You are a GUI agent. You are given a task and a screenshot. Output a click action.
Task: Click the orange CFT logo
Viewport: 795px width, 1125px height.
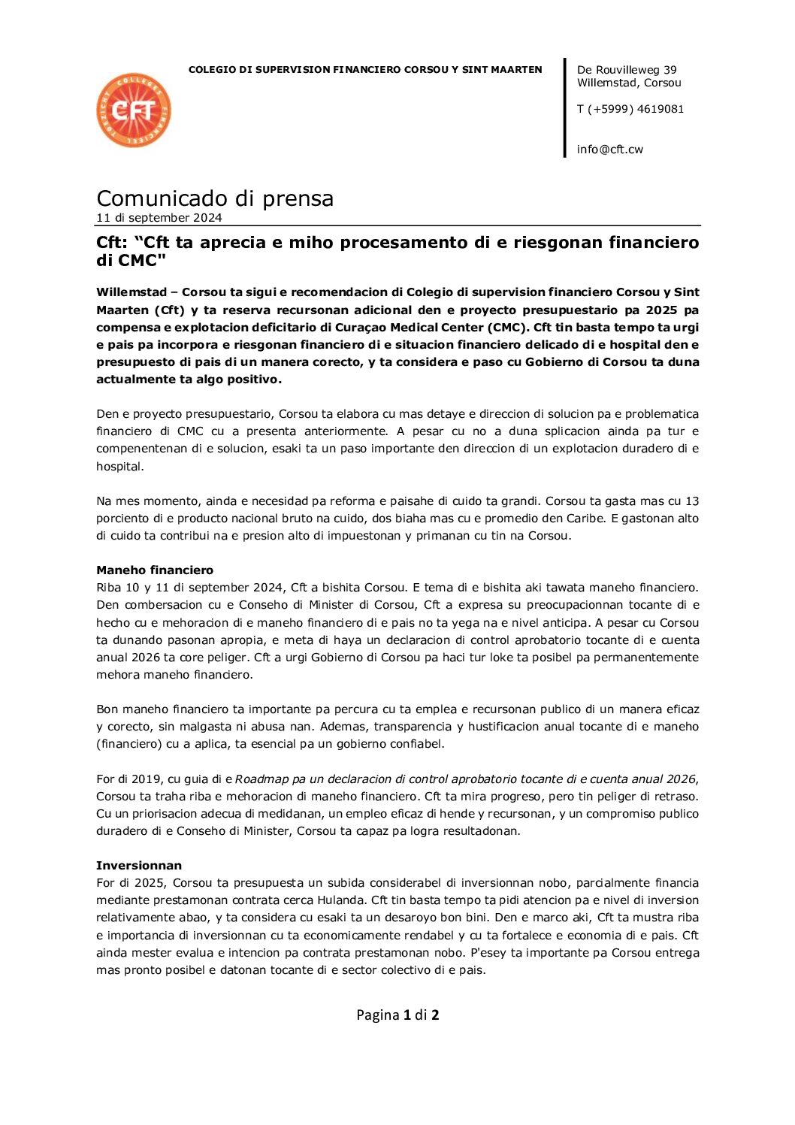134,110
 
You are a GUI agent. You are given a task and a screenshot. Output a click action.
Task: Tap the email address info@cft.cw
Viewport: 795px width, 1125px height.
609,149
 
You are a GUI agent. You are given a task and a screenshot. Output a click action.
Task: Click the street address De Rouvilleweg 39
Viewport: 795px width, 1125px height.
627,70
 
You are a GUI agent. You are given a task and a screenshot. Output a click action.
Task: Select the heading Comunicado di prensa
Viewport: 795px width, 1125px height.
215,198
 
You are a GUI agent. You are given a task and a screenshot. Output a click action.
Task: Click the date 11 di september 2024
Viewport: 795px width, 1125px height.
159,218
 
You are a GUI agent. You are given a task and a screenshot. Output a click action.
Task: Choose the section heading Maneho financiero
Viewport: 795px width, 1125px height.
155,570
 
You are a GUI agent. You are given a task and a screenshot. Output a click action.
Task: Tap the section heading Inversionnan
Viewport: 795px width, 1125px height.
139,865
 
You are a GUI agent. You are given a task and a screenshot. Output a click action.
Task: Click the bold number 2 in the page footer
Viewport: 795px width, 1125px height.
435,1015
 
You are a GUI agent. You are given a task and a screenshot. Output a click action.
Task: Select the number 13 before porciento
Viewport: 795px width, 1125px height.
692,501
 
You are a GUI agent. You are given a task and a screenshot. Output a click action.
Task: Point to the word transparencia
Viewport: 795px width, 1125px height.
413,726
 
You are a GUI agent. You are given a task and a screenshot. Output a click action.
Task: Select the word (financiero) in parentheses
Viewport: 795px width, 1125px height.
131,743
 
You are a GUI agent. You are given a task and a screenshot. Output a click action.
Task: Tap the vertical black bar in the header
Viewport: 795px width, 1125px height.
565,107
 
